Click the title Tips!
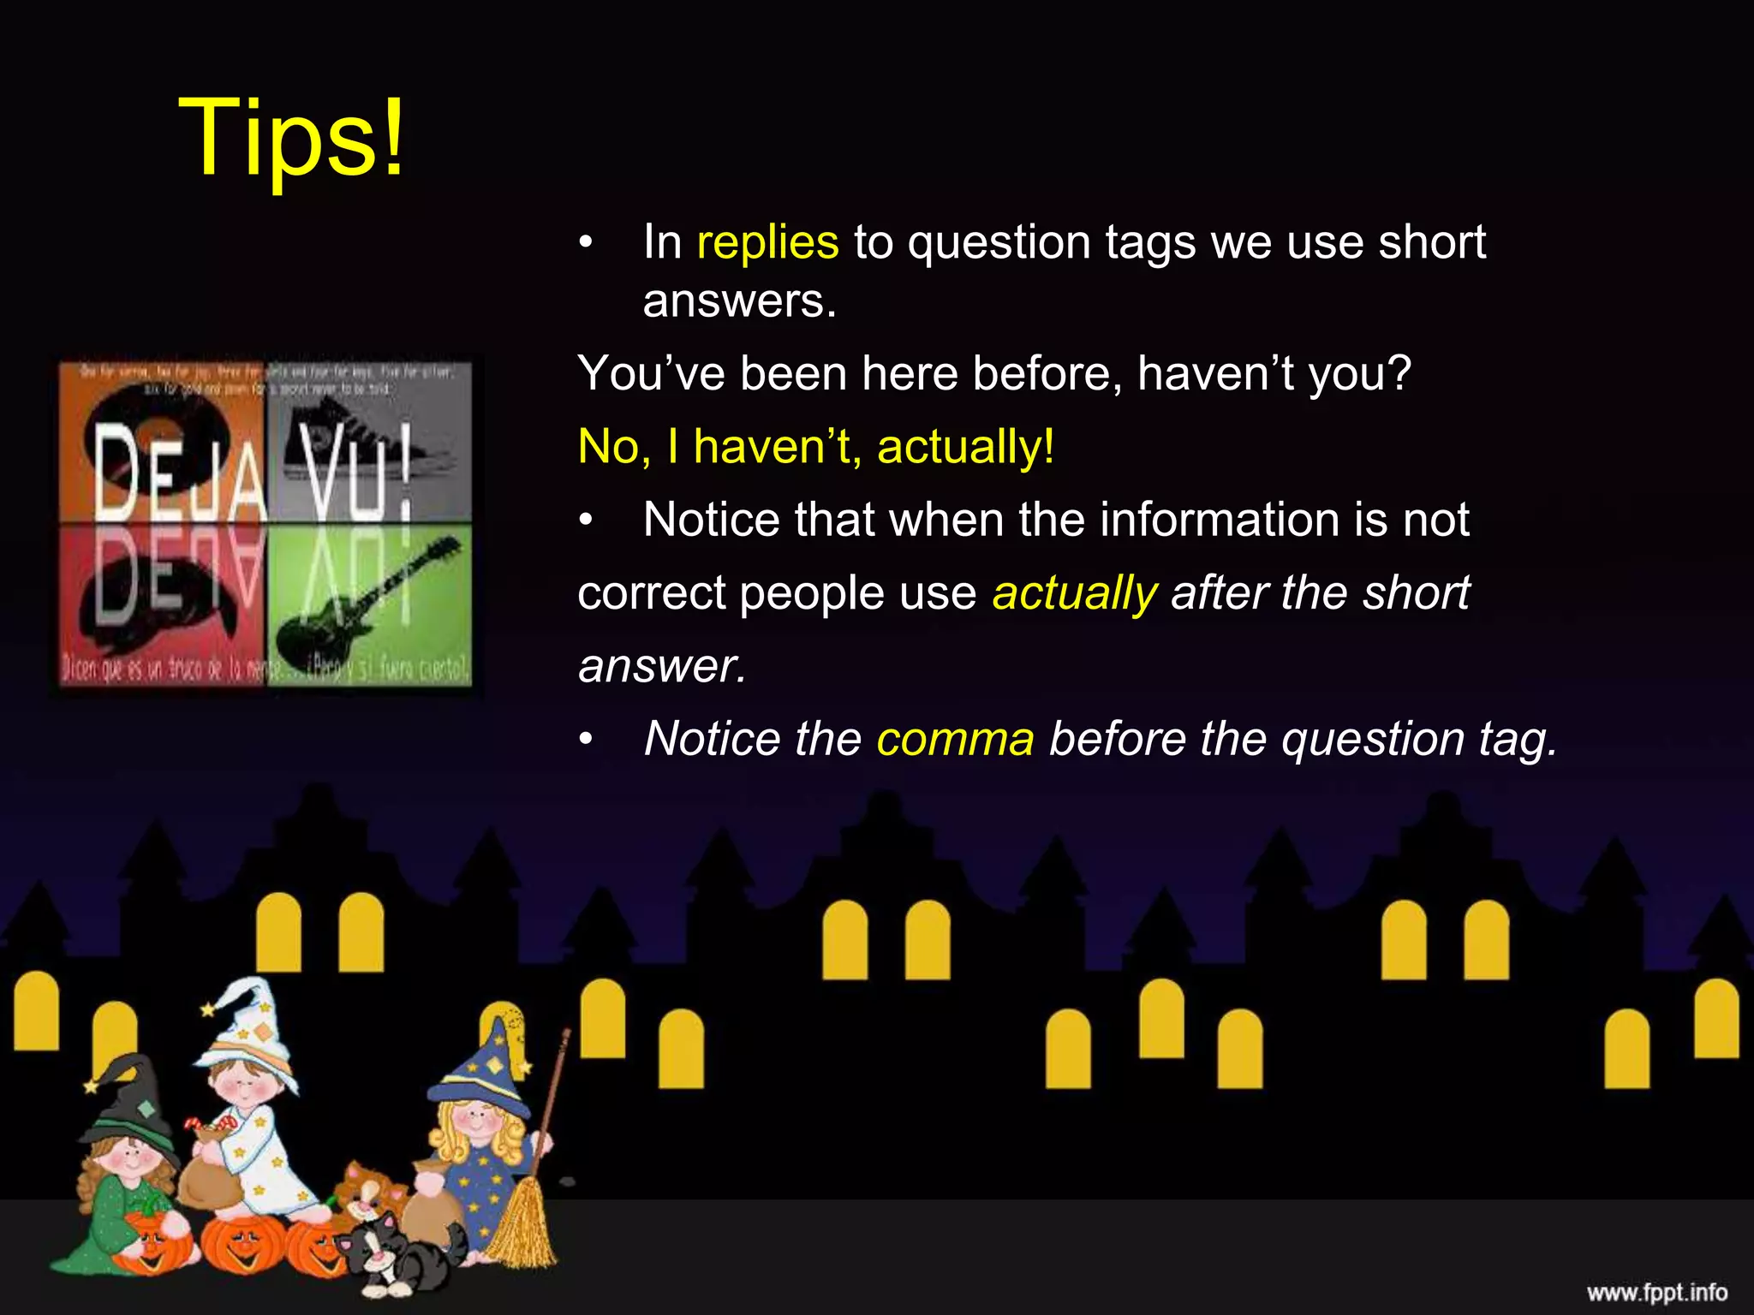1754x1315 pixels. coord(291,137)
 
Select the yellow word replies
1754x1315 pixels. coord(767,242)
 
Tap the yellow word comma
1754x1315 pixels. coord(955,739)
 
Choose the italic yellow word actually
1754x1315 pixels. coord(1074,592)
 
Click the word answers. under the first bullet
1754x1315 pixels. coord(739,300)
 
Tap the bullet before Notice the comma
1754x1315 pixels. coord(586,739)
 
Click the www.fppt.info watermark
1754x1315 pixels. coord(1656,1292)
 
